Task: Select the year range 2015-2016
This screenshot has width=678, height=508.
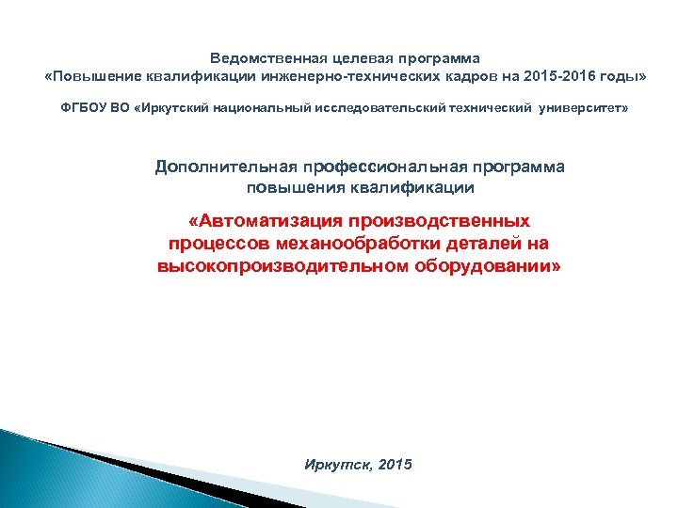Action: pyautogui.click(x=566, y=74)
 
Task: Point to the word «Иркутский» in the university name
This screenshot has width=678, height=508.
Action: pyautogui.click(x=172, y=109)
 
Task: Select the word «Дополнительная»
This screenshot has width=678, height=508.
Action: pyautogui.click(x=225, y=167)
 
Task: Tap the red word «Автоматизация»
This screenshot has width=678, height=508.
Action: pyautogui.click(x=266, y=222)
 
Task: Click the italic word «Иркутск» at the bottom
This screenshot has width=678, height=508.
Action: pyautogui.click(x=336, y=466)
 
